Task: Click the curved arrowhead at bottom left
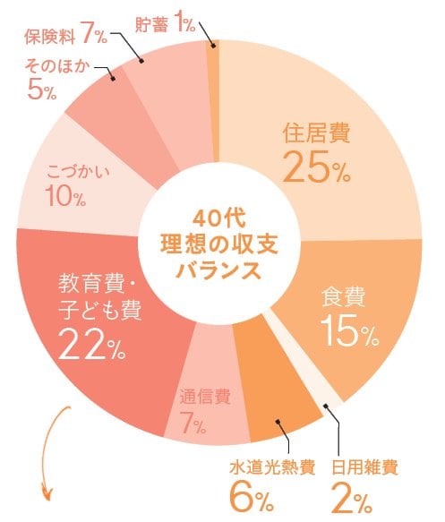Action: coord(48,492)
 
